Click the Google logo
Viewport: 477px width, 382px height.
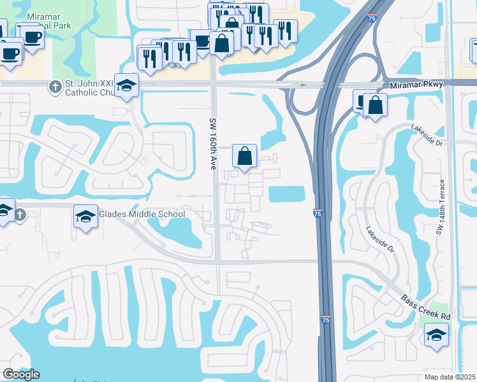[21, 374]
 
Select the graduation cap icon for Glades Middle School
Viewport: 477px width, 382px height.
[85, 216]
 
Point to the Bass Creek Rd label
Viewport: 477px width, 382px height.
[425, 306]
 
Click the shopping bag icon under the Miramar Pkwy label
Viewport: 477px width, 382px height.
[376, 105]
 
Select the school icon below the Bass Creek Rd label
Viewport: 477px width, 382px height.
[436, 334]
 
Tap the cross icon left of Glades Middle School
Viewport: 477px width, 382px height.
[20, 215]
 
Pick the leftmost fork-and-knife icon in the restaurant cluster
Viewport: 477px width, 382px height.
[149, 58]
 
